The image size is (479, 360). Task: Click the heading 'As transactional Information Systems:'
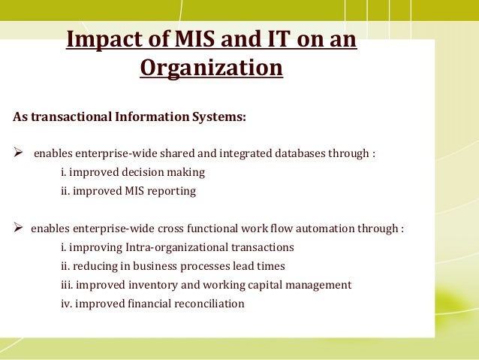129,117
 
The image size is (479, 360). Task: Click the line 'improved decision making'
132,173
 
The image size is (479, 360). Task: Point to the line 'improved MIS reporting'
128,192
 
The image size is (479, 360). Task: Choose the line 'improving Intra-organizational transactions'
177,247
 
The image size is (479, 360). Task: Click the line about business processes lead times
173,266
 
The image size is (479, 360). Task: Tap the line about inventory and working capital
206,285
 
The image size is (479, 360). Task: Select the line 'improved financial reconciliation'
152,304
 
